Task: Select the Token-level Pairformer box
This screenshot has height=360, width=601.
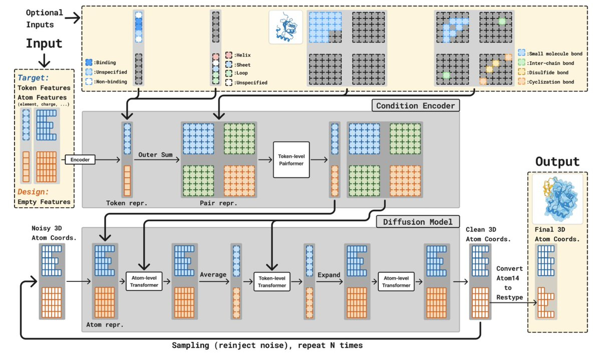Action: point(291,160)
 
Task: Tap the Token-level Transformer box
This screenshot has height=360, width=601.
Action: point(272,281)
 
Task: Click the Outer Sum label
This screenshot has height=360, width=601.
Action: point(155,154)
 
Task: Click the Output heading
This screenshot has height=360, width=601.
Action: point(557,162)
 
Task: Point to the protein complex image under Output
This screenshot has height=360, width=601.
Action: point(557,197)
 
